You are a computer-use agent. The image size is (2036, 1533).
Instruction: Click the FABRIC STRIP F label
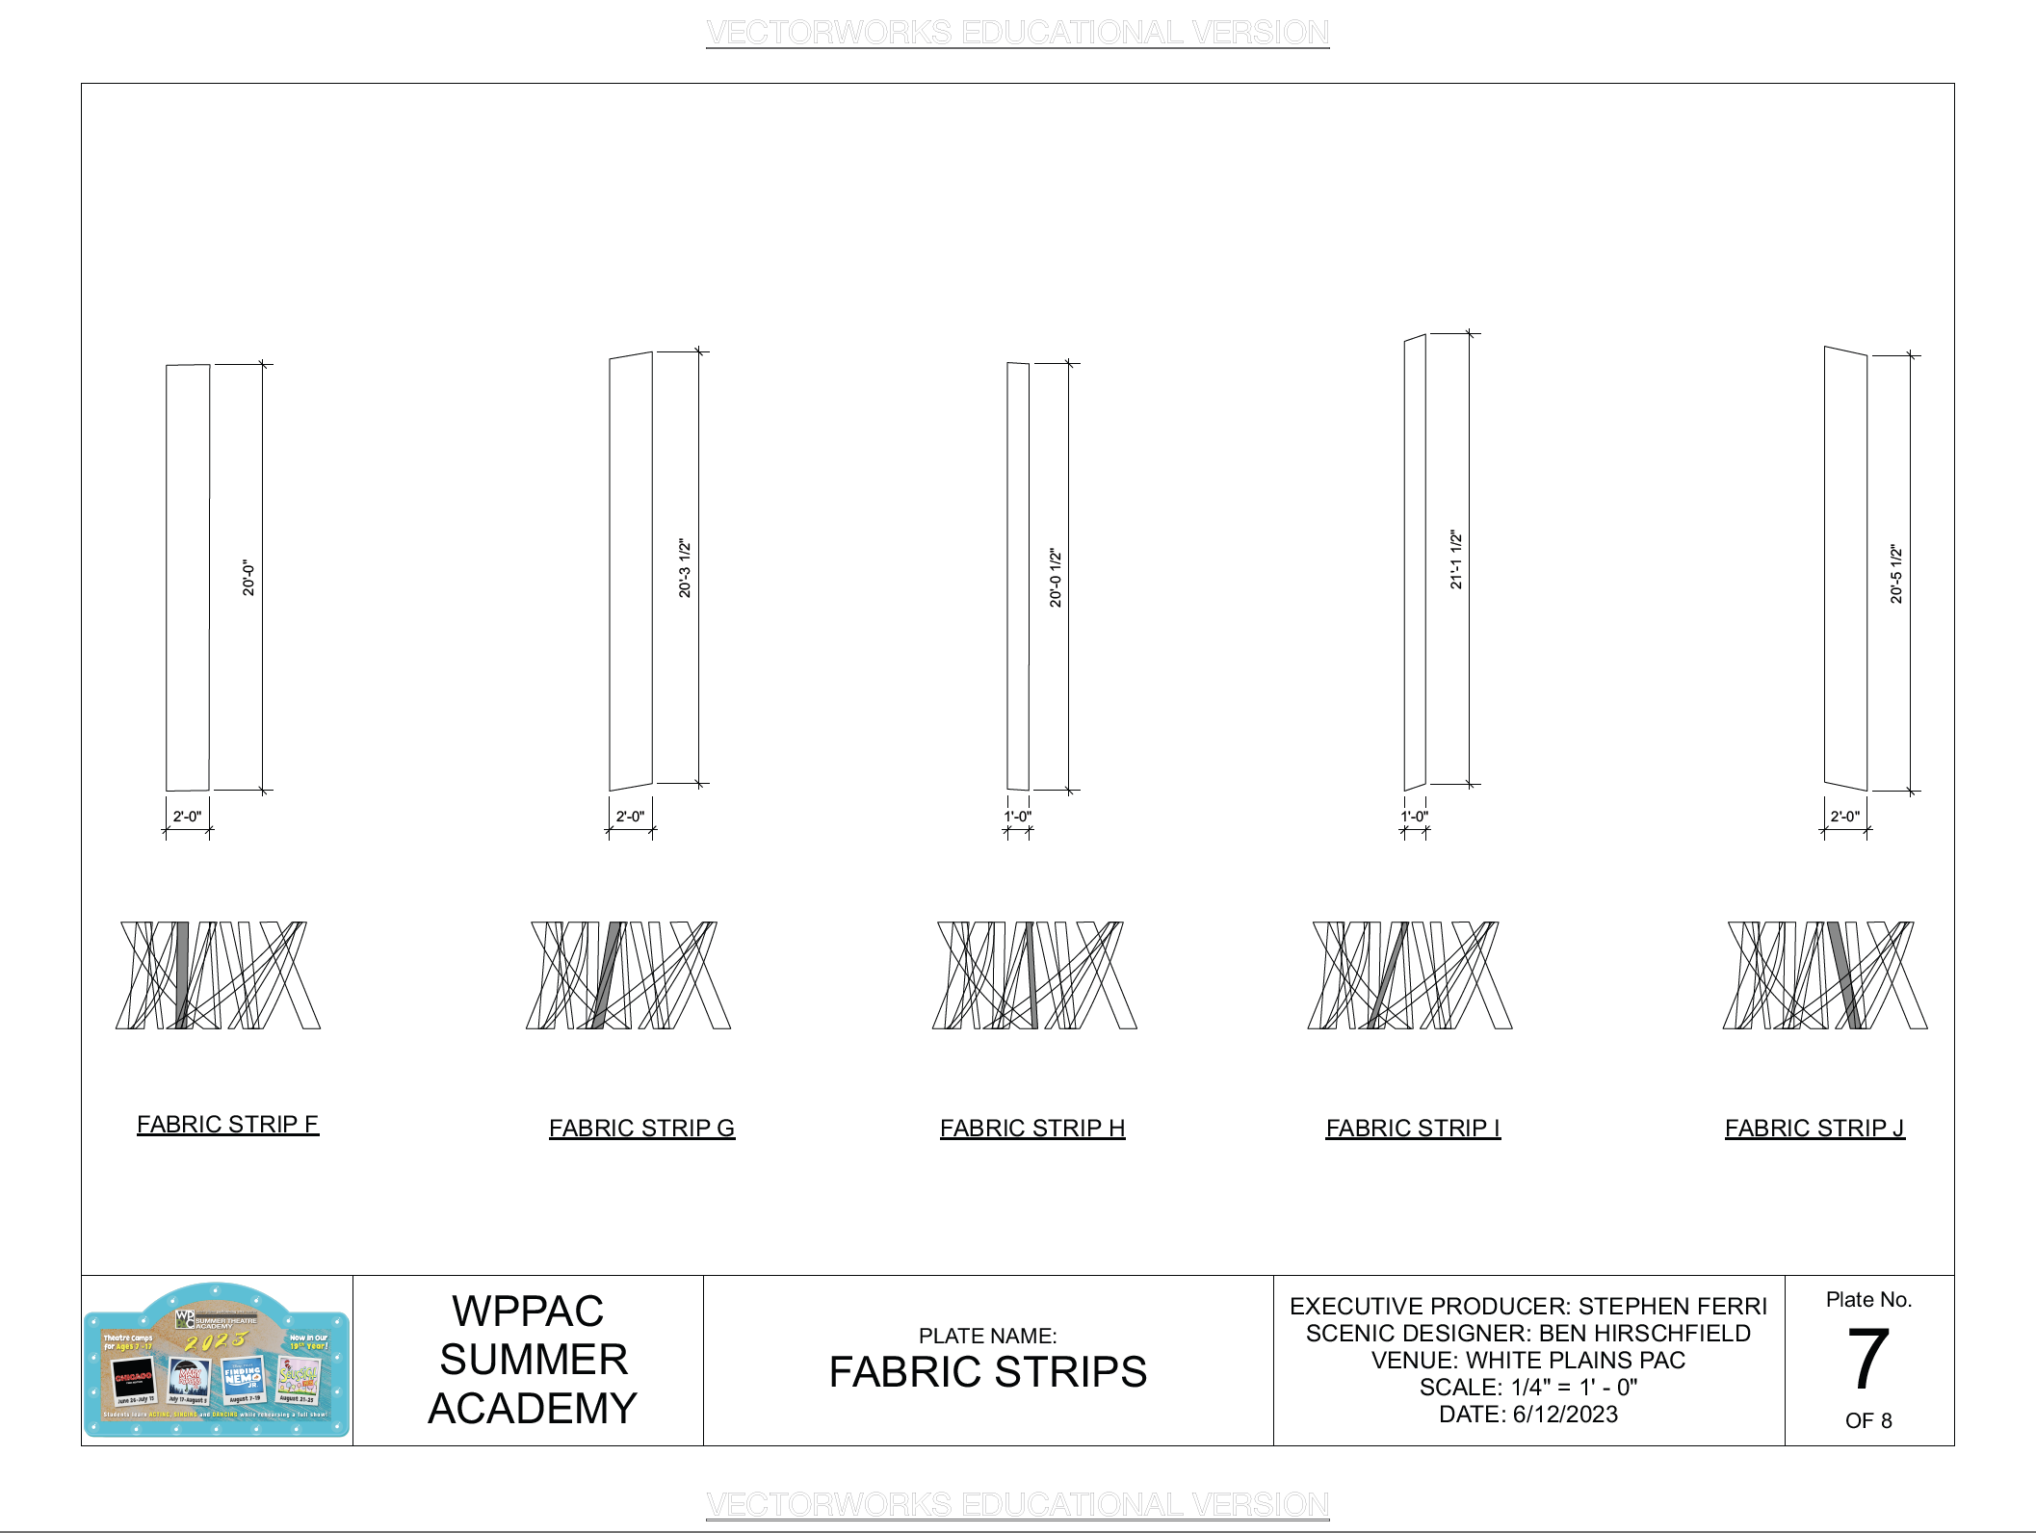(x=227, y=1124)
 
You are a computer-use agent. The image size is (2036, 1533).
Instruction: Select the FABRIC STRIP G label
(x=641, y=1128)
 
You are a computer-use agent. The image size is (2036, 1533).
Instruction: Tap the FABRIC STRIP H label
(x=1032, y=1128)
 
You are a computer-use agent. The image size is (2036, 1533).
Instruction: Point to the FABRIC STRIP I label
(x=1413, y=1128)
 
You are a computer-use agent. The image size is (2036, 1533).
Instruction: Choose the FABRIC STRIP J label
(x=1814, y=1128)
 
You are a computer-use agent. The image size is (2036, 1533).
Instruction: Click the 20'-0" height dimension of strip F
(x=248, y=578)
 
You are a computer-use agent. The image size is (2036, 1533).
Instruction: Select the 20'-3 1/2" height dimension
(x=685, y=568)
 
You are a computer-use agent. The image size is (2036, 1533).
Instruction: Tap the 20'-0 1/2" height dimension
(x=1056, y=578)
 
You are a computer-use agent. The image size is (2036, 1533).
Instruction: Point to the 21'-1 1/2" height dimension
(x=1456, y=559)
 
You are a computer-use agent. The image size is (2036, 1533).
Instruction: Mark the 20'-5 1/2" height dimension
(x=1896, y=574)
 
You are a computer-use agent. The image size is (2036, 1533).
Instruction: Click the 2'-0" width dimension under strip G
(x=630, y=817)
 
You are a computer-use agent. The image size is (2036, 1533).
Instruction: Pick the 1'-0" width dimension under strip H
(x=1018, y=817)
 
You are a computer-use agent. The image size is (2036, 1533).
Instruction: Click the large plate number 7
(x=1868, y=1359)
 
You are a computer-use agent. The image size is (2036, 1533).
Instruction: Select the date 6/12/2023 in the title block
(x=1565, y=1414)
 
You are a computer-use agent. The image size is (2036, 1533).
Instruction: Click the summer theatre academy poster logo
(x=217, y=1360)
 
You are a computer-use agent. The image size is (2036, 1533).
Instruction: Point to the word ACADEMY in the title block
(x=533, y=1408)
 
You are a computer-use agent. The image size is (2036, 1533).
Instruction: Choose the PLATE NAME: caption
(x=987, y=1336)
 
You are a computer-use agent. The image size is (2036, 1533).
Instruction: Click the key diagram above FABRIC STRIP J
(x=1825, y=974)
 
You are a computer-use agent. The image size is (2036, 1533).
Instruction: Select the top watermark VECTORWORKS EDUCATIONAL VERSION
(x=1017, y=33)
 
